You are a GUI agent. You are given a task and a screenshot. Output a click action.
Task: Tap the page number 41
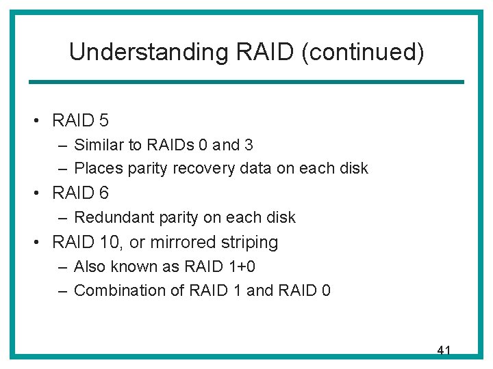pyautogui.click(x=444, y=351)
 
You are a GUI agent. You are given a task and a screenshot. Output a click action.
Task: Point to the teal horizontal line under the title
pyautogui.click(x=246, y=82)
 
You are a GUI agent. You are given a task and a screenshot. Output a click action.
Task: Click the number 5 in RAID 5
pyautogui.click(x=103, y=121)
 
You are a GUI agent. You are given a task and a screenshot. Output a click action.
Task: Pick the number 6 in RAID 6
pyautogui.click(x=103, y=193)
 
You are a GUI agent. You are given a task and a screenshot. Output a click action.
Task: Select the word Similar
pyautogui.click(x=96, y=145)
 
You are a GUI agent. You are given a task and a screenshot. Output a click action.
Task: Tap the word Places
pyautogui.click(x=96, y=168)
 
